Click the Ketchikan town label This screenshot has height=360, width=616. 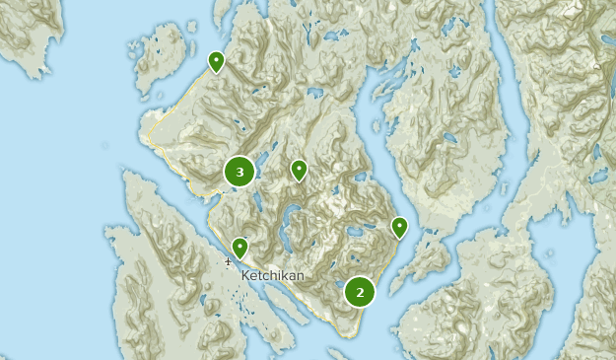(x=273, y=275)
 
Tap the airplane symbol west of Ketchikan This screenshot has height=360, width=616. (x=228, y=261)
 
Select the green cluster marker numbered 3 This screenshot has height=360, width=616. (x=240, y=172)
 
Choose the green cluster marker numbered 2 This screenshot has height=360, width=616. (x=360, y=291)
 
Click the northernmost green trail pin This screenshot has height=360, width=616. (x=216, y=61)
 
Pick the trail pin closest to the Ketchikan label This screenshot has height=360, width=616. (x=240, y=247)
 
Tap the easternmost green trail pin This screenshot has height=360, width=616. (x=399, y=227)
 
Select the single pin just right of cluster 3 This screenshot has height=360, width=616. (x=299, y=170)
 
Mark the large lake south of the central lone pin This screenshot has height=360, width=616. (x=291, y=217)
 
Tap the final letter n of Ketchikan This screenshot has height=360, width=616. (x=301, y=275)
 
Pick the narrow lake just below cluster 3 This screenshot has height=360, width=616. (x=255, y=202)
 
